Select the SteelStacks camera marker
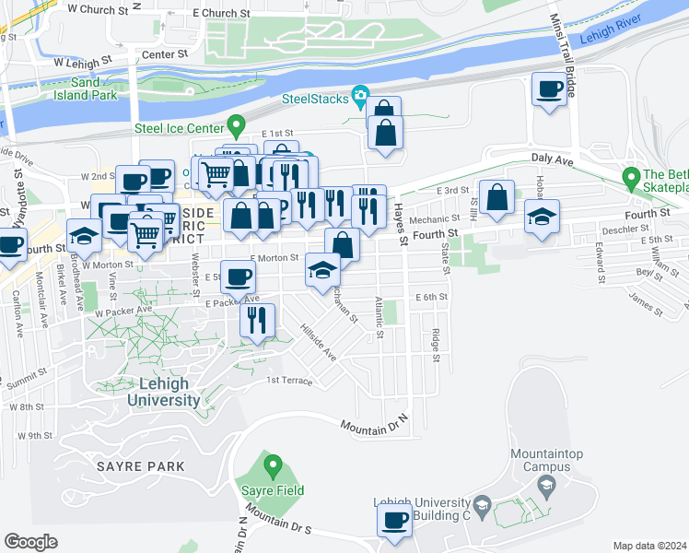359,97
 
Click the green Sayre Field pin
272,466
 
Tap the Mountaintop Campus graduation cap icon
546,485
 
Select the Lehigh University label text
163,392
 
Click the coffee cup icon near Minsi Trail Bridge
550,89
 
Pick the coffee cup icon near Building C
396,520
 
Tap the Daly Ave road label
555,160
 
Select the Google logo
30,541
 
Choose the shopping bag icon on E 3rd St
497,197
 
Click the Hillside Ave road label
318,343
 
